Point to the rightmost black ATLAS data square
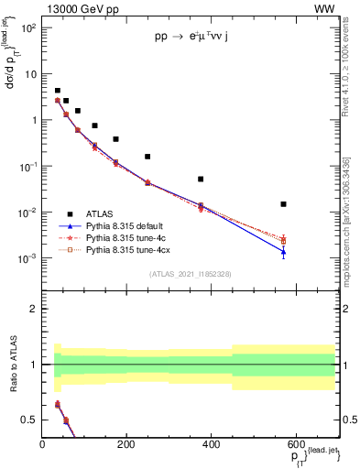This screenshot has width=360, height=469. [284, 204]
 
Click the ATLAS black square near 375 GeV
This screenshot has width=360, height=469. [201, 180]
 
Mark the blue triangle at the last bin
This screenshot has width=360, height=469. [284, 252]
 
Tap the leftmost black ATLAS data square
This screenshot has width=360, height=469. [57, 92]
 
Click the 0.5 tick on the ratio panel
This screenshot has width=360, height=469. [33, 420]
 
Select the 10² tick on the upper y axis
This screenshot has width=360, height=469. [27, 27]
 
